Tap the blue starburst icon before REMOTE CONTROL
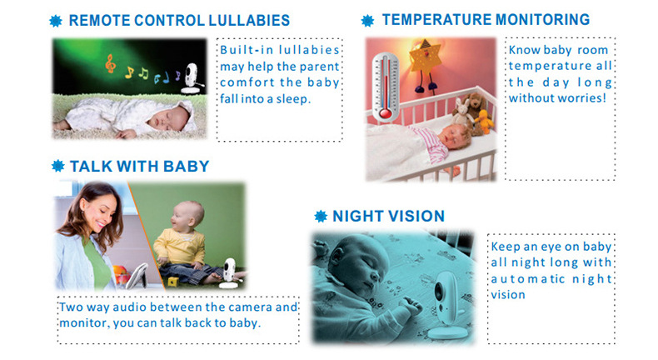click(57, 21)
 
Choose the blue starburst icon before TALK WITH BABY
click(57, 166)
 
